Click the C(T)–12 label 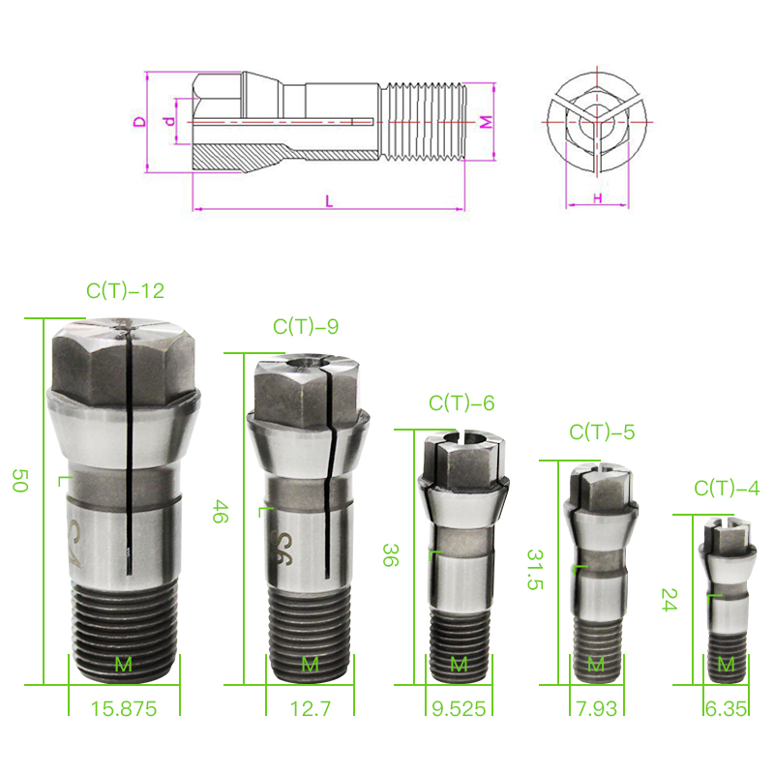click(125, 291)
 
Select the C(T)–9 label click(306, 326)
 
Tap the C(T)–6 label click(461, 403)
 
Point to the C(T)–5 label click(602, 432)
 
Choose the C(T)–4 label click(727, 489)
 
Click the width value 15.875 click(124, 709)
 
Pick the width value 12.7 click(310, 709)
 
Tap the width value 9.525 click(459, 709)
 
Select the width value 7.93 click(597, 709)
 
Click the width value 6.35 click(727, 709)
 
